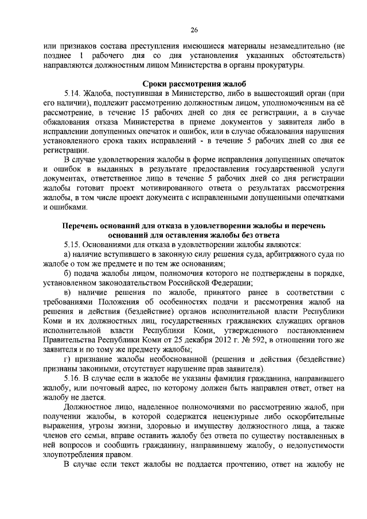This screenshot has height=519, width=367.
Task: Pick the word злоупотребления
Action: pos(75,454)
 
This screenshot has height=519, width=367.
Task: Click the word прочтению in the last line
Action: pos(233,464)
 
